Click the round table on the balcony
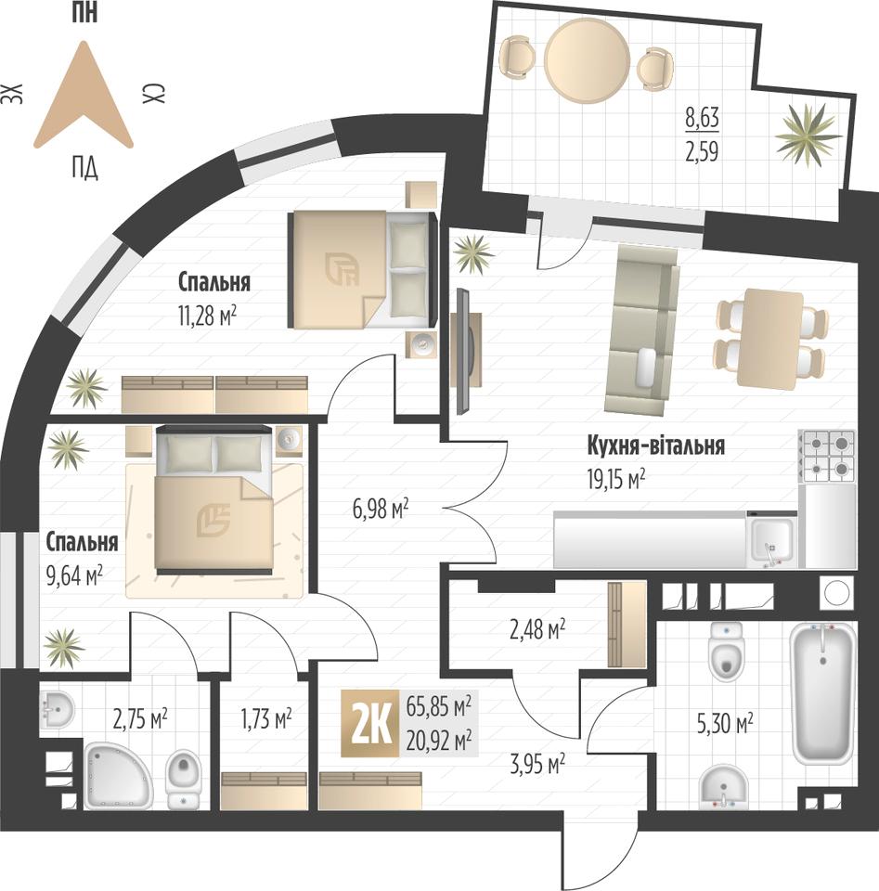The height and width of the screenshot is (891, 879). pos(587,60)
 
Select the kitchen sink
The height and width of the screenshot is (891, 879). pos(773,540)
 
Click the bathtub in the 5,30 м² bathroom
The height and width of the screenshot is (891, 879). pos(823,693)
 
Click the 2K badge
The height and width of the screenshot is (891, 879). pos(370,723)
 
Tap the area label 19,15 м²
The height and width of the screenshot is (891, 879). pos(616,480)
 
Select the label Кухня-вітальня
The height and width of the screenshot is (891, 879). pos(655,445)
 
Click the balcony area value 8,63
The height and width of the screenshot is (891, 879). pos(703,118)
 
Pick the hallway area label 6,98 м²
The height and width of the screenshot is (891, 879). pos(381,510)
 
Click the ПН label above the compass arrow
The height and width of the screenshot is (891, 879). pos(84,12)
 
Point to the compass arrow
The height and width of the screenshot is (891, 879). pos(84,95)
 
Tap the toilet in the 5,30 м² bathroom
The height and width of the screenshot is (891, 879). pos(727,652)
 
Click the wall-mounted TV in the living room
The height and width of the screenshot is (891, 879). pos(464,351)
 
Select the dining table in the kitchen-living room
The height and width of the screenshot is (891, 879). pos(769,340)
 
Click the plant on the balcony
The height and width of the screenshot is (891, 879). pos(808,135)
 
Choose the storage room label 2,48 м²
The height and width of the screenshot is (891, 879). pos(536,629)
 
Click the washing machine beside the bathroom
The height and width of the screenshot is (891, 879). pos(837,593)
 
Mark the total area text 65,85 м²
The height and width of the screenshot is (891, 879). pos(439,707)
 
